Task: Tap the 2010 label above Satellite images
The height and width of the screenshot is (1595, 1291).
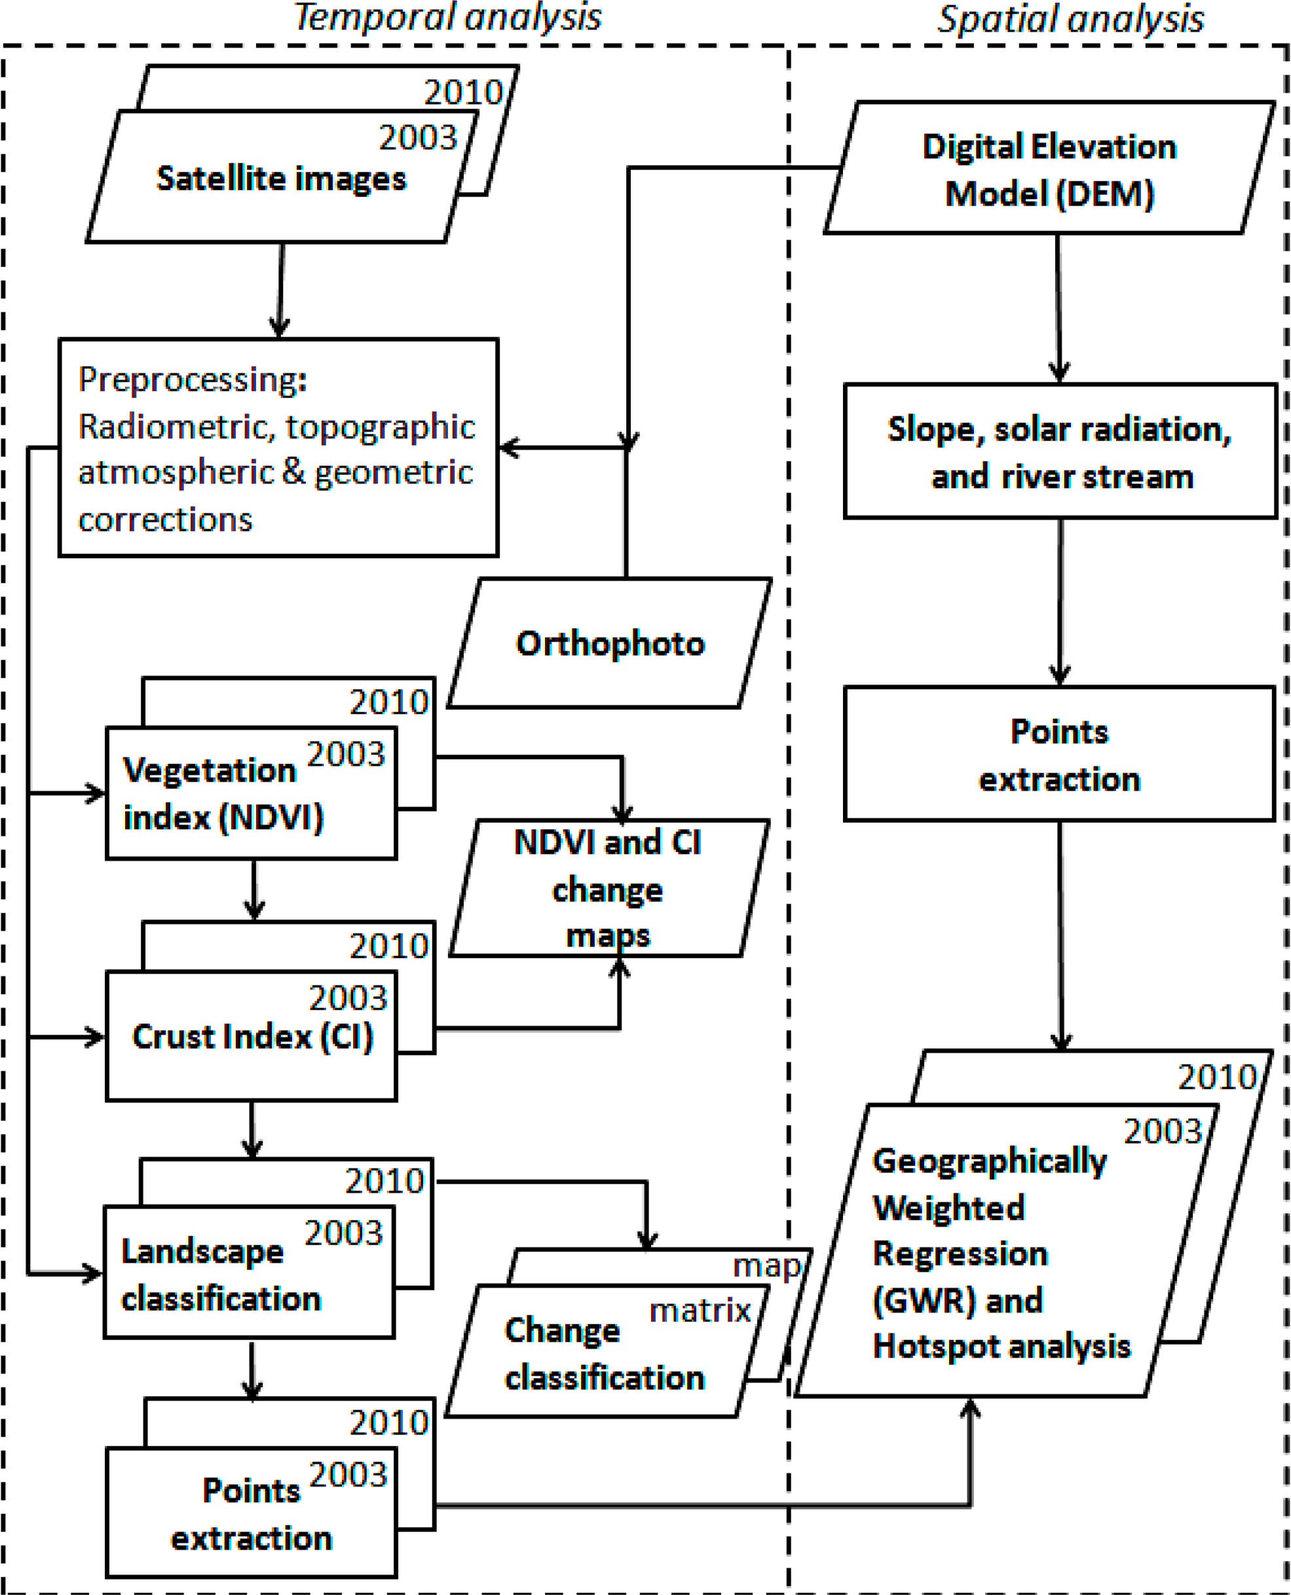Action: pyautogui.click(x=463, y=93)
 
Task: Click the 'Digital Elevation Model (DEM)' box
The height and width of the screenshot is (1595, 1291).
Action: pyautogui.click(x=1049, y=170)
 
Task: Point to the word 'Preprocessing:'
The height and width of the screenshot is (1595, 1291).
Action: pyautogui.click(x=193, y=380)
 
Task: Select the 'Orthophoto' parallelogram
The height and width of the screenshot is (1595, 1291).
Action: pyautogui.click(x=610, y=644)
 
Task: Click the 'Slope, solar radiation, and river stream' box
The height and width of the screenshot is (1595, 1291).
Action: pyautogui.click(x=1059, y=452)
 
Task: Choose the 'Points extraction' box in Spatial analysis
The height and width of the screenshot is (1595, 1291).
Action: pyautogui.click(x=1059, y=755)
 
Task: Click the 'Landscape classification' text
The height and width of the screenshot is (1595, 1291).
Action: pyautogui.click(x=220, y=1275)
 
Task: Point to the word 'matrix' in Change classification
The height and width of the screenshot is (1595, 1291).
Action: pyautogui.click(x=699, y=1310)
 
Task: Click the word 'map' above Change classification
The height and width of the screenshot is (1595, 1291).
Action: pyautogui.click(x=766, y=1266)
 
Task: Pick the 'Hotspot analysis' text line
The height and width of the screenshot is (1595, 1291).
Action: pyautogui.click(x=1001, y=1347)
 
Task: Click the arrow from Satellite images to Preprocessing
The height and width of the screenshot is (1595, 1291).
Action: pyautogui.click(x=280, y=290)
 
